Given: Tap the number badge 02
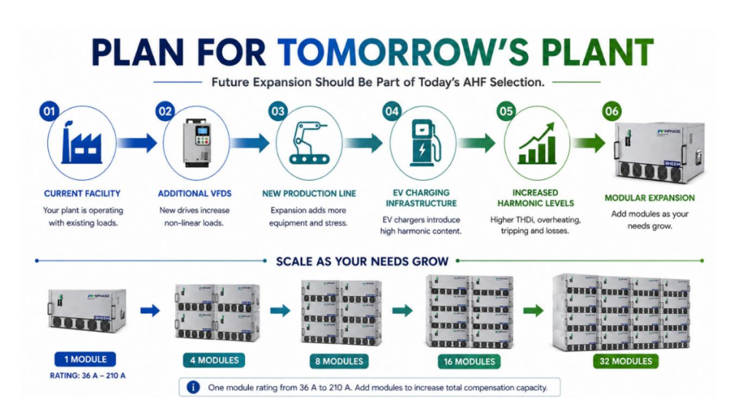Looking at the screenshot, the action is [165, 112].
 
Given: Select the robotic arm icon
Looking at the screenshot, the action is [309, 143].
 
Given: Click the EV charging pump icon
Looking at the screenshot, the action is [422, 142].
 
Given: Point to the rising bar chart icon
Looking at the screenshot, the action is [537, 143].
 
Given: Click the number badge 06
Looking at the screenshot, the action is [612, 112].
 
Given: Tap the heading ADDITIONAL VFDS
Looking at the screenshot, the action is [194, 194].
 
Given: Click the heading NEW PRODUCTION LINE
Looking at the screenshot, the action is [309, 194].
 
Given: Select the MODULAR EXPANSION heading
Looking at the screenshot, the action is [649, 198].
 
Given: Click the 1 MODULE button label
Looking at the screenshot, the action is [85, 359].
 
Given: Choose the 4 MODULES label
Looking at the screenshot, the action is [214, 360].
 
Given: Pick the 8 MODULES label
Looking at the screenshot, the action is [338, 361].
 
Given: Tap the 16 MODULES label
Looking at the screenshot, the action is [469, 361].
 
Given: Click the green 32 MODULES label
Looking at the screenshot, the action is [625, 361].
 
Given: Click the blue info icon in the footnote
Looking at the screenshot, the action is [193, 387].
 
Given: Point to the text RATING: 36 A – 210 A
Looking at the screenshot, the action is [88, 376].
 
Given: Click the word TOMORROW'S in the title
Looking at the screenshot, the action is [403, 52].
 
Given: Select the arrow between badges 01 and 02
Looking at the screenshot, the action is [137, 142].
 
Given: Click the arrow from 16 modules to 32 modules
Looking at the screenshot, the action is [533, 311].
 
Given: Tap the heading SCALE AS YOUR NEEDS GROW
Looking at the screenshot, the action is [362, 261].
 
